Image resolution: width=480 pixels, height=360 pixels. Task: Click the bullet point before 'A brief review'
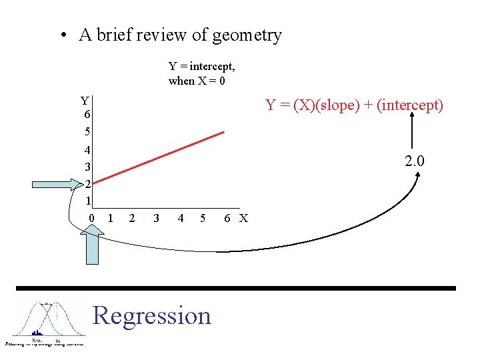62,35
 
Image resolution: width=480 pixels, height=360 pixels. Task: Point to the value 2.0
415,161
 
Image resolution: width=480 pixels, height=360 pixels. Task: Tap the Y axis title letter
85,101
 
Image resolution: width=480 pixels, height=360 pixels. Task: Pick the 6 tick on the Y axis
87,115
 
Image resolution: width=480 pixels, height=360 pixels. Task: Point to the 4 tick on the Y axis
87,149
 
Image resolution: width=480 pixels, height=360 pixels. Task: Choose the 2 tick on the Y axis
87,183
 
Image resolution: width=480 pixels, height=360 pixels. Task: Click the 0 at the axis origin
92,218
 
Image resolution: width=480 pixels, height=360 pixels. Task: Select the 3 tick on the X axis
155,218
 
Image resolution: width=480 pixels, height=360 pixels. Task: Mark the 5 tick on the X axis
203,218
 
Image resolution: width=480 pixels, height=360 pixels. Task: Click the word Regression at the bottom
152,315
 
